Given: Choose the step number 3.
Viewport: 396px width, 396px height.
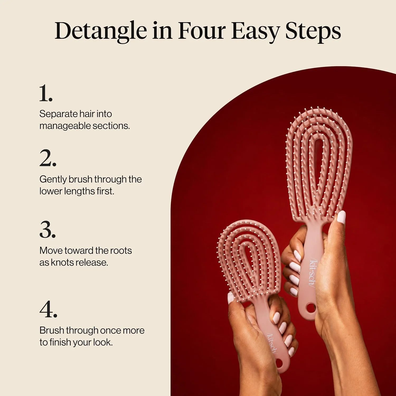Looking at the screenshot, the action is (48, 229).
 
